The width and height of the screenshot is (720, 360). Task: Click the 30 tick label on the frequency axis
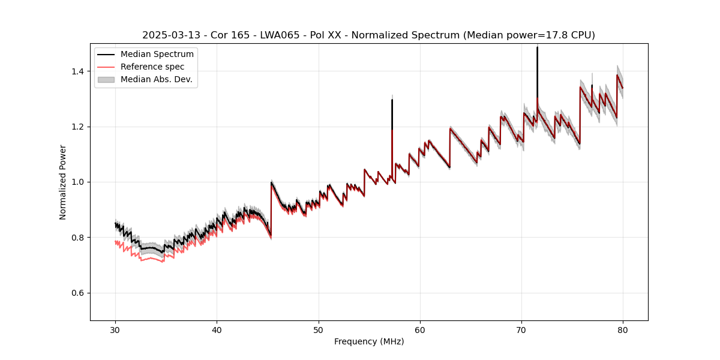click(115, 329)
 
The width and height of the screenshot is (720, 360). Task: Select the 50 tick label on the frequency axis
click(319, 329)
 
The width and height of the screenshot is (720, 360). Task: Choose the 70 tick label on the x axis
click(521, 329)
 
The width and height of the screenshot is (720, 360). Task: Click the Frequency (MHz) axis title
click(369, 341)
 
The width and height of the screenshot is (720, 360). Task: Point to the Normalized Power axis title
click(62, 182)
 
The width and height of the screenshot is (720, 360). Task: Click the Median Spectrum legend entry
click(157, 55)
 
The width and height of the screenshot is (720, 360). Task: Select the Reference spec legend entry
click(152, 67)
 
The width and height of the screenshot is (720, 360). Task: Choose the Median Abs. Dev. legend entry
click(156, 79)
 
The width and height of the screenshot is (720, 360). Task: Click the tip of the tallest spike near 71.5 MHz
click(537, 47)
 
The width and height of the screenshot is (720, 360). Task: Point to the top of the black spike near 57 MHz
click(392, 100)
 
